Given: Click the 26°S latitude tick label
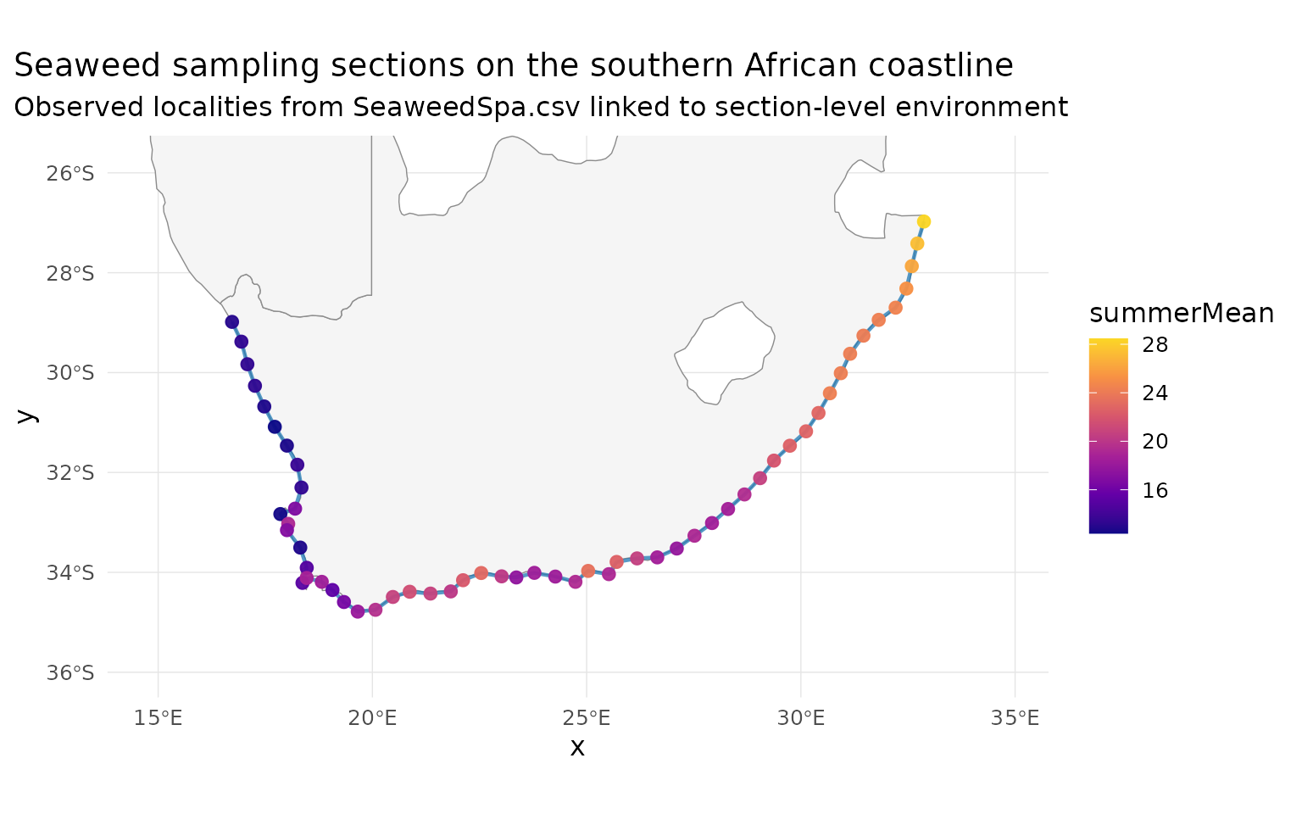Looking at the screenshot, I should tap(70, 174).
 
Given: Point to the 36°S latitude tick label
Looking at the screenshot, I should tap(70, 673).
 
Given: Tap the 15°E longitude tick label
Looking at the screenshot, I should tap(159, 719).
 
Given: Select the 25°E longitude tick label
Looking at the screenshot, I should tap(587, 719).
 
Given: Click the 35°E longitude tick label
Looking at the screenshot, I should tap(1015, 719).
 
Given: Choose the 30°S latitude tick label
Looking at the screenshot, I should tap(70, 373).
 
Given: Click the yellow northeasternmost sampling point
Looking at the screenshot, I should tap(923, 221).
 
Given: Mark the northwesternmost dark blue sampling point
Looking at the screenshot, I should tap(231, 322).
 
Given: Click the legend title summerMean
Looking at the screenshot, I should tap(1181, 314).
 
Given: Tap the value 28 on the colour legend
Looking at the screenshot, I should tap(1155, 345).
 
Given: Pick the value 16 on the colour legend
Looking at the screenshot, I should tap(1155, 491).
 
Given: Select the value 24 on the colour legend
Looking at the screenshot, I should tap(1155, 393).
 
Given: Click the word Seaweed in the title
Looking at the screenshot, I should tap(81, 66).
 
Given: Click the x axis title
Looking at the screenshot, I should tap(577, 747).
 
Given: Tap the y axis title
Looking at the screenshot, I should tap(26, 415).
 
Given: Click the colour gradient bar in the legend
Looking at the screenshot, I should tap(1108, 436).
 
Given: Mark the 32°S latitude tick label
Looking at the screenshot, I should tap(70, 473).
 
